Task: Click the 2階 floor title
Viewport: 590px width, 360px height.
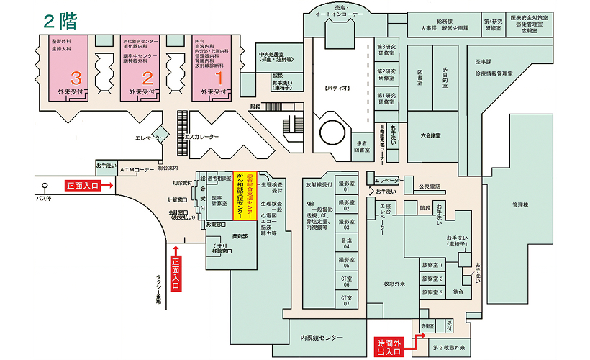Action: coord(60,19)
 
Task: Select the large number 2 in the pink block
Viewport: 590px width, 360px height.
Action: coord(146,76)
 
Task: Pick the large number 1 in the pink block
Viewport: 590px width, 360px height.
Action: coord(219,76)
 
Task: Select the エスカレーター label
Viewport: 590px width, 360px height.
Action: coord(201,137)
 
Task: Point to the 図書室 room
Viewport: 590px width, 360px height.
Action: coord(419,74)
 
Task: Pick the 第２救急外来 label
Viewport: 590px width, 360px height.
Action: coord(450,348)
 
